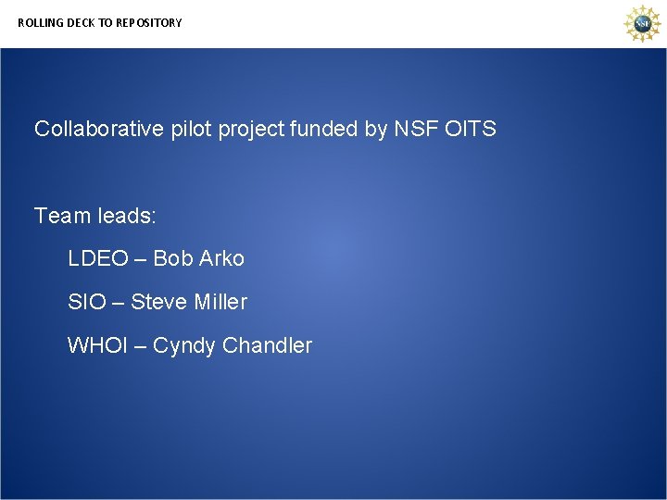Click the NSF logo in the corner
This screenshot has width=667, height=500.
pyautogui.click(x=641, y=23)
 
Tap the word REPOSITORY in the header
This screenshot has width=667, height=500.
pyautogui.click(x=149, y=22)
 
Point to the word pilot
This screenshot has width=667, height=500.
pyautogui.click(x=192, y=129)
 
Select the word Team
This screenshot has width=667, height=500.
pyautogui.click(x=60, y=216)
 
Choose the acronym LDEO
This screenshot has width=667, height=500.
pyautogui.click(x=97, y=258)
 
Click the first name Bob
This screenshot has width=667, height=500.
pyautogui.click(x=173, y=258)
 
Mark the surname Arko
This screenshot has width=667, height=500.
pyautogui.click(x=221, y=258)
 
